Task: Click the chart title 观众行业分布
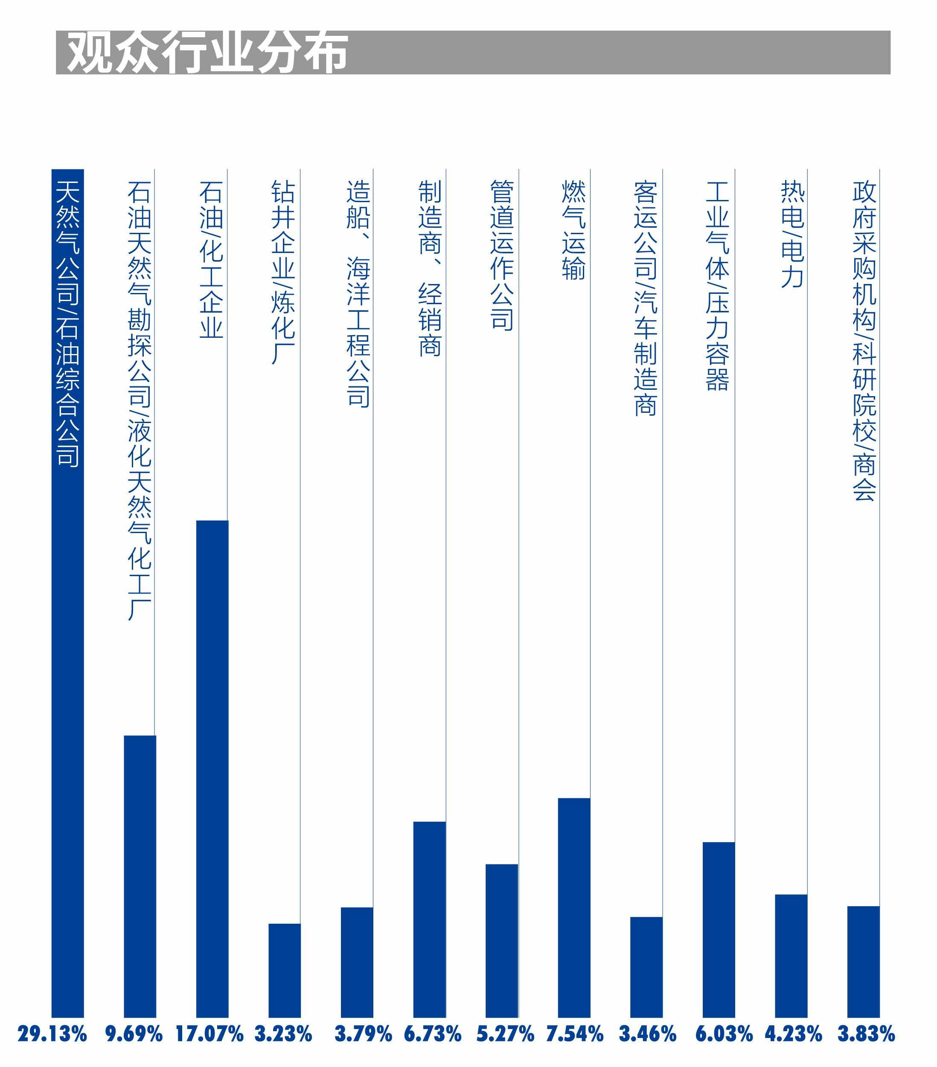(x=207, y=52)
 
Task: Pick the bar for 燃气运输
(x=573, y=908)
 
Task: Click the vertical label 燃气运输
(x=573, y=230)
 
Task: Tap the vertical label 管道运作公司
(x=501, y=255)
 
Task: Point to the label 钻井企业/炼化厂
(x=283, y=272)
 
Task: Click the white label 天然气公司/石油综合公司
(x=67, y=324)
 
